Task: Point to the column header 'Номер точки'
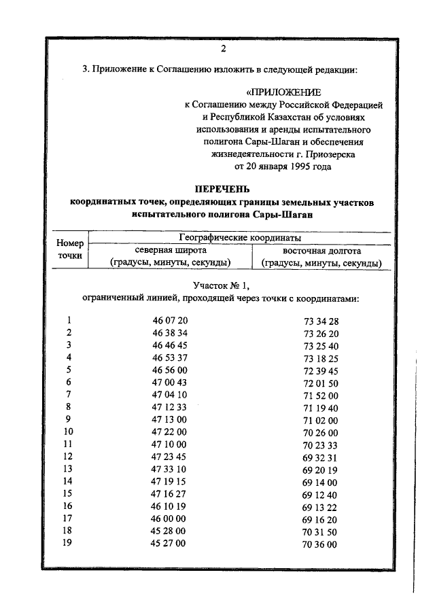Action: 69,249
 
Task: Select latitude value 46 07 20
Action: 170,321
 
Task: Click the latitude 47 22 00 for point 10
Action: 170,432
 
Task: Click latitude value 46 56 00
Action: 170,370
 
